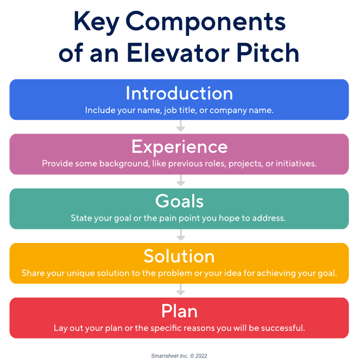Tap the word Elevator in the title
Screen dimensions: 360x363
178,53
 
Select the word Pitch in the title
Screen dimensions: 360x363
268,53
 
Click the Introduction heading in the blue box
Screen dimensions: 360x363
179,93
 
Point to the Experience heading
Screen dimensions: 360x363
180,147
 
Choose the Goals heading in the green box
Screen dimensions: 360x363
179,201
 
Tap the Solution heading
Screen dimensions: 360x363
179,256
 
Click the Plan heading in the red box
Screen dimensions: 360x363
179,311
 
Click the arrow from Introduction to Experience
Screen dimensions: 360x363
181,126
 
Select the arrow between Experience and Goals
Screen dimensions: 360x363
181,180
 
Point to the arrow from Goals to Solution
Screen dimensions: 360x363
181,235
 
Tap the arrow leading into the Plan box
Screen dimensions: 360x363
181,290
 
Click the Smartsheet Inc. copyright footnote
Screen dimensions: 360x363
179,356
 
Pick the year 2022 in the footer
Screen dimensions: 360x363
201,356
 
